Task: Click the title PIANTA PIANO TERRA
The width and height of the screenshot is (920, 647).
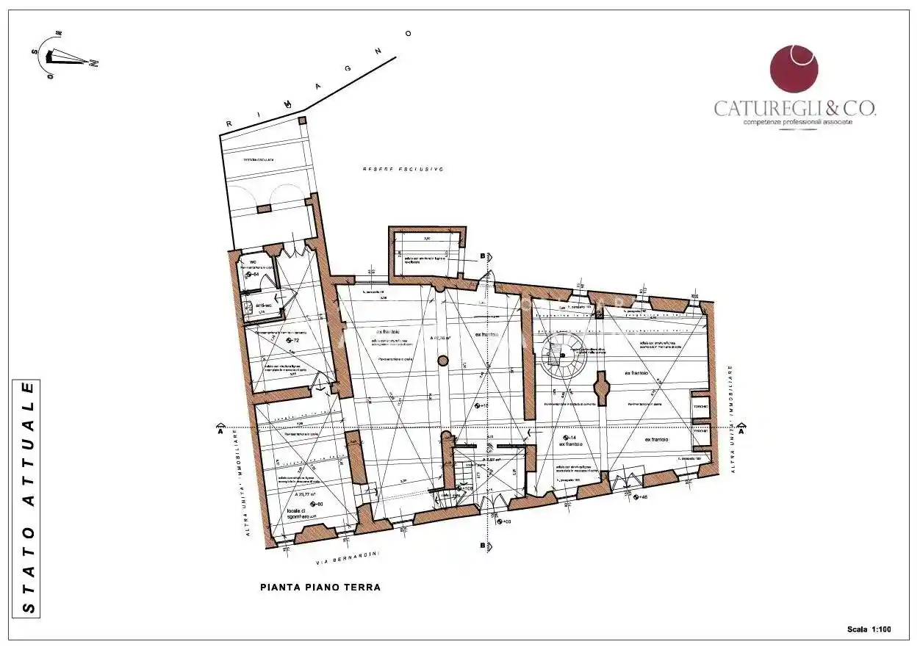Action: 320,588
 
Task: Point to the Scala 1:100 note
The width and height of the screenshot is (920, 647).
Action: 869,629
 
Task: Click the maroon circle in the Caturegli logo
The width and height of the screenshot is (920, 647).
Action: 794,69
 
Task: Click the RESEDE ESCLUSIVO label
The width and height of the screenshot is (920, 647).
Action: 403,169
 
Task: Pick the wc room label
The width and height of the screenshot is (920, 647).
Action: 253,261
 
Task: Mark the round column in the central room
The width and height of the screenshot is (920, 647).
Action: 442,361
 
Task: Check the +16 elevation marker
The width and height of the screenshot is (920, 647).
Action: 482,405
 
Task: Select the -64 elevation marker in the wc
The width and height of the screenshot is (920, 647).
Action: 253,275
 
